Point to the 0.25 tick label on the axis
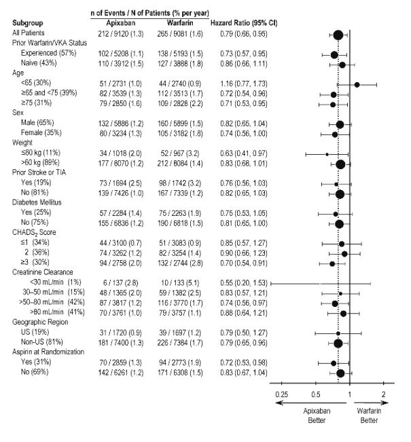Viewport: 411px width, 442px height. (x=281, y=394)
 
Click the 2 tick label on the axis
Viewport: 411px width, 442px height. (x=384, y=394)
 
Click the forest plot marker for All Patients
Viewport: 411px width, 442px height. (x=338, y=34)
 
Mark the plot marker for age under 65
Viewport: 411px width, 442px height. (x=357, y=84)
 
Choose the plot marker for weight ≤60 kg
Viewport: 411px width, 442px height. (x=326, y=154)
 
